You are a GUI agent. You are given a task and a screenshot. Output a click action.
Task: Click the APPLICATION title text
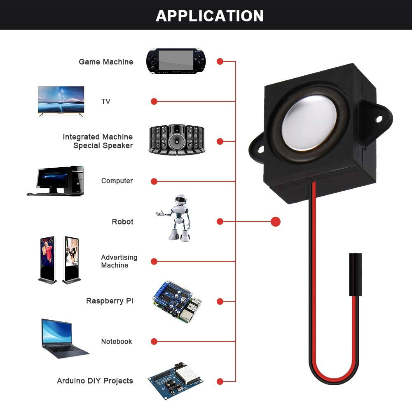pyautogui.click(x=209, y=16)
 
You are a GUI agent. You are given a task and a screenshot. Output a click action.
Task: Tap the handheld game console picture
pyautogui.click(x=176, y=61)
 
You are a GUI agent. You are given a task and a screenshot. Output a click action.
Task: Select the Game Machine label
pyautogui.click(x=106, y=62)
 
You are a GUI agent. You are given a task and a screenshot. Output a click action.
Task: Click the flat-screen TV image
pyautogui.click(x=61, y=100)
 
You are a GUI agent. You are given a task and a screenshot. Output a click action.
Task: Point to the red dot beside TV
pyautogui.click(x=154, y=101)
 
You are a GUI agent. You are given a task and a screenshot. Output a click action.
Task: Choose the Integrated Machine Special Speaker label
pyautogui.click(x=98, y=141)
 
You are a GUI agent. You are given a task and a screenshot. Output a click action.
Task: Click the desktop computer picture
pyautogui.click(x=56, y=180)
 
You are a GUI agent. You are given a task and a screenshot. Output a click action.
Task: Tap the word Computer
pyautogui.click(x=117, y=181)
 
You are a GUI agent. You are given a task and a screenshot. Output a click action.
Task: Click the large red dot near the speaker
pyautogui.click(x=276, y=222)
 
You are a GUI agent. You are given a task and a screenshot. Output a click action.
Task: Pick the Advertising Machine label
pyautogui.click(x=119, y=261)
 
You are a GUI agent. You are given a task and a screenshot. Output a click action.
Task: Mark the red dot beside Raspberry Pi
pyautogui.click(x=220, y=302)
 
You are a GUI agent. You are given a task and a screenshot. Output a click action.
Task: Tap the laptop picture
pyautogui.click(x=62, y=338)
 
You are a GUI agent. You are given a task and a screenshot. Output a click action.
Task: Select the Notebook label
pyautogui.click(x=117, y=341)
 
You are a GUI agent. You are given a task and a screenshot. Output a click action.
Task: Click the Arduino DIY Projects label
pyautogui.click(x=95, y=381)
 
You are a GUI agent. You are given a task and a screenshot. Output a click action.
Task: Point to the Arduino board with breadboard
pyautogui.click(x=176, y=380)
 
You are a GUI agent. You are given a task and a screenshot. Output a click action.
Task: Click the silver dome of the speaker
pyautogui.click(x=309, y=122)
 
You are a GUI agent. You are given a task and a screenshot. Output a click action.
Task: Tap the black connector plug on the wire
pyautogui.click(x=355, y=274)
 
